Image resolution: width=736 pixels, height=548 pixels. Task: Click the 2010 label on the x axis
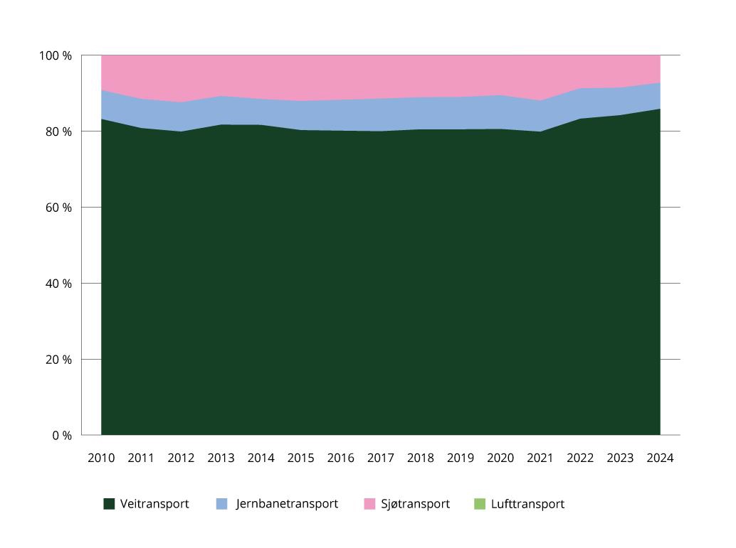click(x=101, y=458)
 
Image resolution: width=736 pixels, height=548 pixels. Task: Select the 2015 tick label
click(x=300, y=458)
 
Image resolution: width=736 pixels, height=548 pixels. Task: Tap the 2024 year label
click(x=660, y=458)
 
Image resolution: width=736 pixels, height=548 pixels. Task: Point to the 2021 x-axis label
click(x=540, y=458)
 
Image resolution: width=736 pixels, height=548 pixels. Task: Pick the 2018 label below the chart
click(x=421, y=458)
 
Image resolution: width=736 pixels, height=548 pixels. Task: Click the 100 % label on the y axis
click(x=56, y=55)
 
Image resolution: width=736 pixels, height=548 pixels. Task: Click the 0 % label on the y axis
click(x=61, y=435)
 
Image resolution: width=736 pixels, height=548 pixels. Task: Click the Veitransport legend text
click(x=154, y=504)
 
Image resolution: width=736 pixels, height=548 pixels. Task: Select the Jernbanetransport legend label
click(x=287, y=504)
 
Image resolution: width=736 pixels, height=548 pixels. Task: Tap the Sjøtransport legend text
click(x=415, y=504)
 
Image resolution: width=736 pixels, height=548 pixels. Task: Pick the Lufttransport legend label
click(x=527, y=504)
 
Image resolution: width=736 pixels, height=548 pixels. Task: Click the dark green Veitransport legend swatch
click(x=109, y=504)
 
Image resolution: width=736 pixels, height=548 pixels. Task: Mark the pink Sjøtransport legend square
click(x=369, y=504)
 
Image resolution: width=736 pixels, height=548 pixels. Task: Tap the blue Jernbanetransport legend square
click(x=221, y=504)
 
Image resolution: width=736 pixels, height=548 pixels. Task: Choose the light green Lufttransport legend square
click(x=479, y=504)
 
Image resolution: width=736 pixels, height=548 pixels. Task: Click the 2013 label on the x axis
click(x=221, y=458)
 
